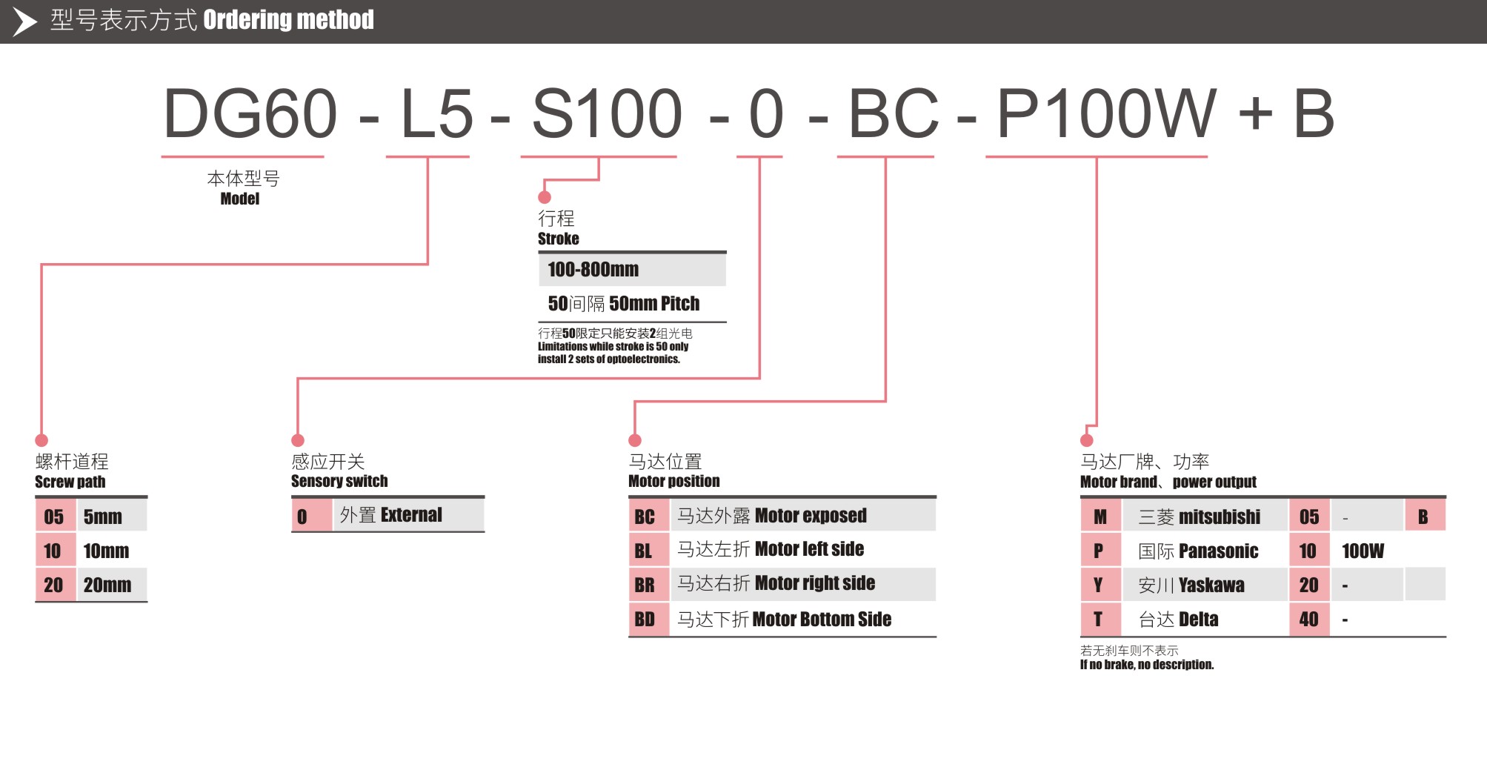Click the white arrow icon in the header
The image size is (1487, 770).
[x=24, y=21]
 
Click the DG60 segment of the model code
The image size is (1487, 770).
[x=250, y=114]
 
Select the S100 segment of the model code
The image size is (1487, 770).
[x=607, y=114]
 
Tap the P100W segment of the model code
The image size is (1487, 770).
[x=1106, y=114]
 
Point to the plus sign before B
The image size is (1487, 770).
[x=1255, y=114]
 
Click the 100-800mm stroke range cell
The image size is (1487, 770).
[x=593, y=270]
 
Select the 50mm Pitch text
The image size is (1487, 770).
[x=653, y=304]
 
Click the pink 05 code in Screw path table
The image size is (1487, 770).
[x=53, y=517]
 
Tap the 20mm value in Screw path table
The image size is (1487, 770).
[x=107, y=585]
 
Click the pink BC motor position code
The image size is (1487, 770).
[x=645, y=517]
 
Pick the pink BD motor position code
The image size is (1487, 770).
[x=645, y=620]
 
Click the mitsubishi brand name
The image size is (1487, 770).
[x=1219, y=517]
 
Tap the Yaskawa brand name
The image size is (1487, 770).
[x=1211, y=585]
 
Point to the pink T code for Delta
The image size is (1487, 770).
[x=1098, y=620]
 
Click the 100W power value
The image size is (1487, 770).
[x=1363, y=551]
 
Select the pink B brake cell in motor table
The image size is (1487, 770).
[x=1423, y=517]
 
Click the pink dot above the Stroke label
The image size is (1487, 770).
[x=545, y=197]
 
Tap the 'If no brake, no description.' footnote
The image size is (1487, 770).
[x=1146, y=665]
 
